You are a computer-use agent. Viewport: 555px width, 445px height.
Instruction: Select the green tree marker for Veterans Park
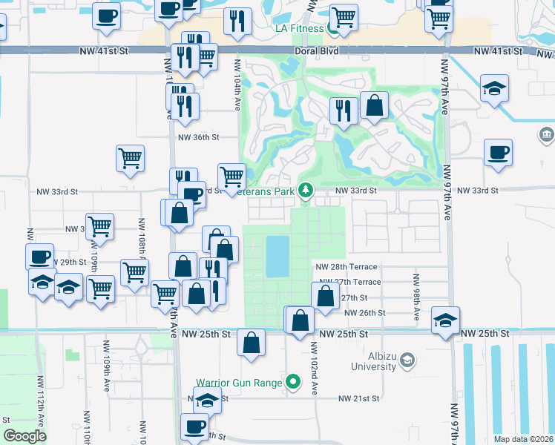(x=305, y=191)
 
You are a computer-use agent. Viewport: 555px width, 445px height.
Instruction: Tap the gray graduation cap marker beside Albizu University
(x=407, y=361)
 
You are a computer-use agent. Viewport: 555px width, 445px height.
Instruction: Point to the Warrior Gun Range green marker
(x=294, y=383)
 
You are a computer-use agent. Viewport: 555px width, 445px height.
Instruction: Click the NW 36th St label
(x=198, y=137)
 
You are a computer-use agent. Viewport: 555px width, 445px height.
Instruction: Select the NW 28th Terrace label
(x=346, y=266)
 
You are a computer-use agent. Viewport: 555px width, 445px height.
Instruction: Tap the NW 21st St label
(x=359, y=398)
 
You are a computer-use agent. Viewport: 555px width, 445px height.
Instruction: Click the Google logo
(x=25, y=435)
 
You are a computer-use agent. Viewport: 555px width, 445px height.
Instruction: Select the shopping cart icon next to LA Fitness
(x=343, y=16)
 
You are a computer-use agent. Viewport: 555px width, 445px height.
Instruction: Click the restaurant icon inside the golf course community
(x=343, y=110)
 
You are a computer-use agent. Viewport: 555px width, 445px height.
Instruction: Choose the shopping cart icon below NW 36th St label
(x=130, y=157)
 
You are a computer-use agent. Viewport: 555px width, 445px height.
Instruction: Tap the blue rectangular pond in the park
(x=277, y=257)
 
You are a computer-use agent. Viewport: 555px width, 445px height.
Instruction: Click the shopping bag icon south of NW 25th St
(x=252, y=343)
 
